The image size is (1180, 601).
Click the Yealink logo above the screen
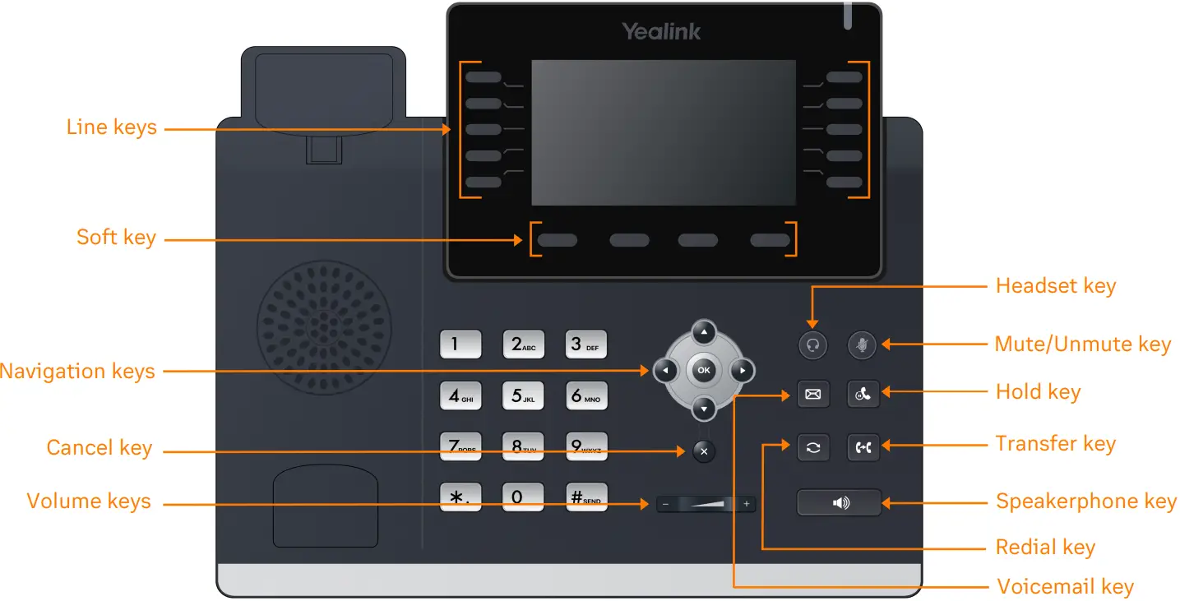click(661, 32)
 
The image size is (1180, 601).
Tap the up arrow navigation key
click(703, 332)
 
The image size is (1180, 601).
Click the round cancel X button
click(704, 451)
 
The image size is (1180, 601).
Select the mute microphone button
click(863, 345)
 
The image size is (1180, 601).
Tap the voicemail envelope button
click(812, 395)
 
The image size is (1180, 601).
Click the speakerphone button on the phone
click(839, 502)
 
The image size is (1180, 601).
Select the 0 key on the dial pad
click(522, 497)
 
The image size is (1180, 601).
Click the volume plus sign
click(747, 504)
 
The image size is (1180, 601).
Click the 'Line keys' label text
click(111, 127)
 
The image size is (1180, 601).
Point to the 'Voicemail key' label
click(1065, 587)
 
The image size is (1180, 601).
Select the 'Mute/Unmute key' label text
click(1082, 344)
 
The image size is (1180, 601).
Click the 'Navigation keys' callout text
click(77, 371)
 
